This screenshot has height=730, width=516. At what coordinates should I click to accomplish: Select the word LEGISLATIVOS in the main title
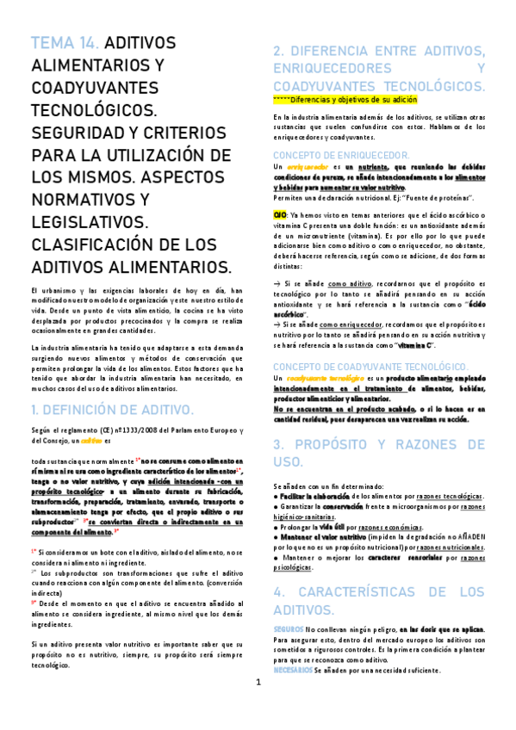pos(85,221)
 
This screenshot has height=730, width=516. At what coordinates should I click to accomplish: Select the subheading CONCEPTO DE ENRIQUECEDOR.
pos(340,154)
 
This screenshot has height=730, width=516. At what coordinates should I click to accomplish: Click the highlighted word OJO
pos(280,213)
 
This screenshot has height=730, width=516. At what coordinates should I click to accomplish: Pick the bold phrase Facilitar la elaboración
pos(314,497)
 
